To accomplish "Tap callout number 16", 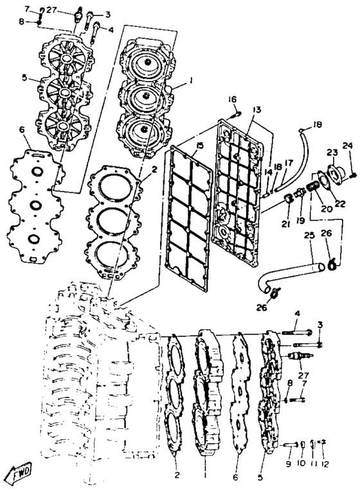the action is pos(232,100).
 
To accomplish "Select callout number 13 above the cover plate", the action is pos(257,110).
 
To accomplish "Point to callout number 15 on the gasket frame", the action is pos(199,145).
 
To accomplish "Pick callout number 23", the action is pos(332,153).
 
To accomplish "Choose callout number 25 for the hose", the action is pos(309,234).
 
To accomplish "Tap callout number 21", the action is pos(285,224).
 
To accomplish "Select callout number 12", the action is pos(325,464).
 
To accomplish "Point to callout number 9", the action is pos(288,464).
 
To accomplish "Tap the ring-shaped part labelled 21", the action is pos(289,199).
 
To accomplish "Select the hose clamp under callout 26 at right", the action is pos(332,264).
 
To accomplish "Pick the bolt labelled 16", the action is pos(235,115).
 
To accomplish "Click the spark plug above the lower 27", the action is pos(300,356).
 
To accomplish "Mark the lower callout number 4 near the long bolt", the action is pos(297,314).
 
